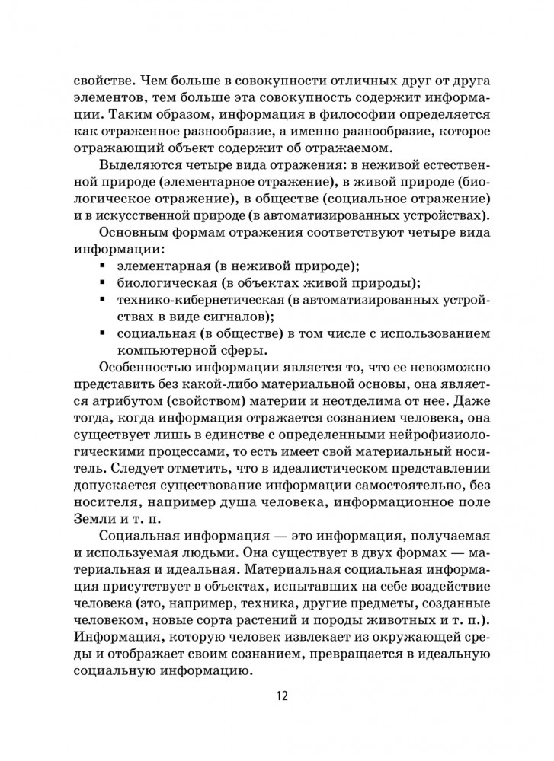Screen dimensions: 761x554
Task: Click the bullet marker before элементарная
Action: coord(102,266)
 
